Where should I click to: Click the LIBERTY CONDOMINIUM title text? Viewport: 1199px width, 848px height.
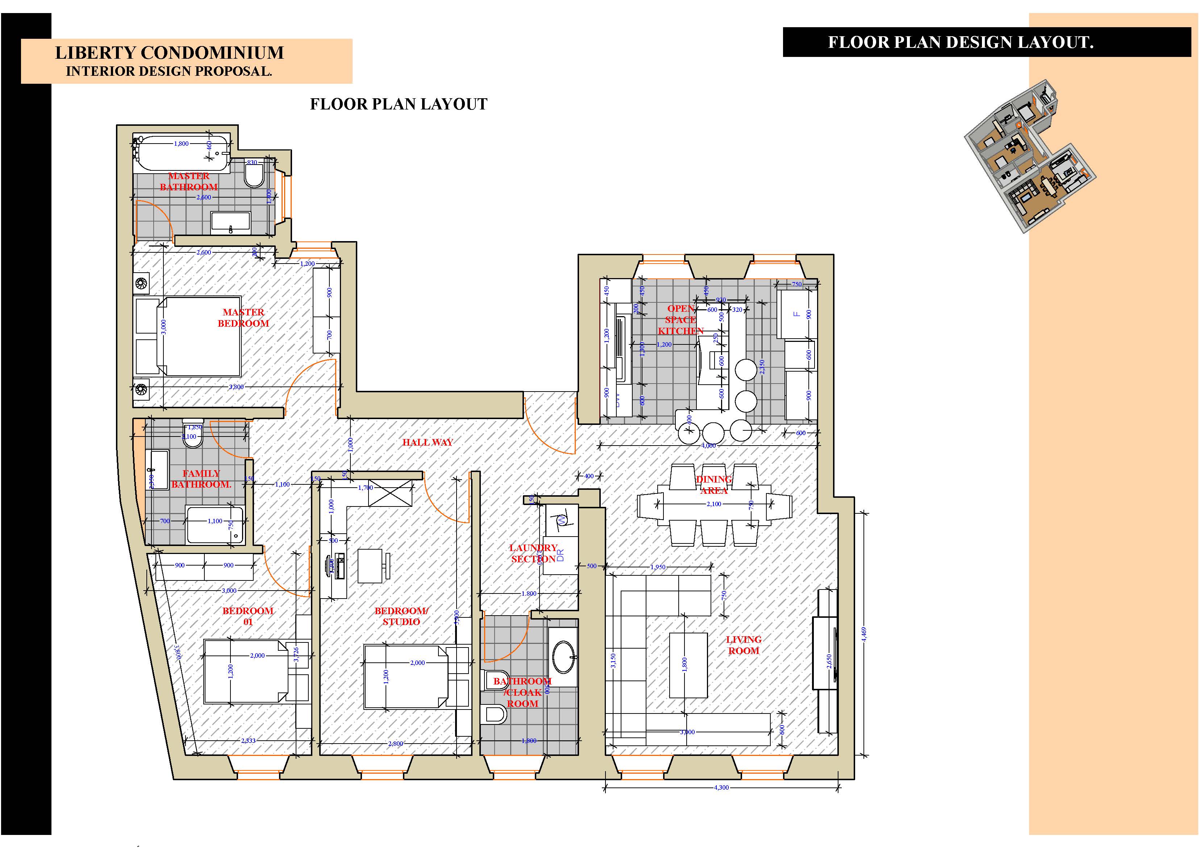(x=169, y=53)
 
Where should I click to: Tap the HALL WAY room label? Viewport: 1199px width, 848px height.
(x=427, y=442)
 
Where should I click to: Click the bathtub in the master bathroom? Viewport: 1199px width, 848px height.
(x=181, y=154)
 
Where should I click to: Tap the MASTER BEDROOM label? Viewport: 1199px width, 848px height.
(x=243, y=318)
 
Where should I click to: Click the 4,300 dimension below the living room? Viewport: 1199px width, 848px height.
(x=721, y=787)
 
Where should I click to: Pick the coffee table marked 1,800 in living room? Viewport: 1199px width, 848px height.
(x=688, y=664)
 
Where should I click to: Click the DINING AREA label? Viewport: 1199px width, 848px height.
(x=714, y=485)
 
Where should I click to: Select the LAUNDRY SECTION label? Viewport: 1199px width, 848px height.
(x=533, y=553)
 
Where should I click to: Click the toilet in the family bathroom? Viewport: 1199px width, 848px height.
(x=193, y=435)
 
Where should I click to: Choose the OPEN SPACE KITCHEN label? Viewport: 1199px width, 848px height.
(x=680, y=320)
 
